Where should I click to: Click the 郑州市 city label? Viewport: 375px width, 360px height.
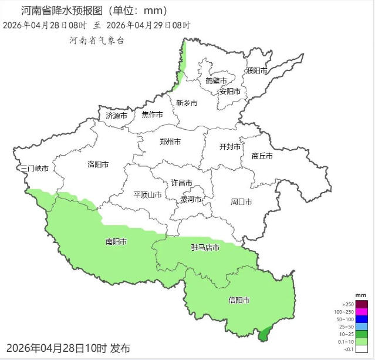170,142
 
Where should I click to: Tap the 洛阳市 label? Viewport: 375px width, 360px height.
98,165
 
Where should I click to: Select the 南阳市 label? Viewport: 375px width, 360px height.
116,241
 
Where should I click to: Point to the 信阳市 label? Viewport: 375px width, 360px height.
239,300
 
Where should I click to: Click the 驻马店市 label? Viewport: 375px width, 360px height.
205,248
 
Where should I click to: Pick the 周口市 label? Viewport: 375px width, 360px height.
241,202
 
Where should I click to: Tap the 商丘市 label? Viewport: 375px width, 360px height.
262,156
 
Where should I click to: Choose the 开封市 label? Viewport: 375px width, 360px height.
230,147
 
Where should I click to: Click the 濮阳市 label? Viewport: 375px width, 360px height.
256,70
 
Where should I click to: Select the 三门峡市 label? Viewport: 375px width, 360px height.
34,169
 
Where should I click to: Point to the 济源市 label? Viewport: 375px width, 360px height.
117,116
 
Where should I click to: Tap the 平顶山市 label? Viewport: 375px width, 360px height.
147,195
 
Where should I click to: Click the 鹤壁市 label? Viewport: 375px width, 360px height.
216,80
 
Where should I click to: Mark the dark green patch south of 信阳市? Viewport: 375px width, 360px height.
265,334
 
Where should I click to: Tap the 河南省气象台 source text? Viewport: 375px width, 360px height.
97,41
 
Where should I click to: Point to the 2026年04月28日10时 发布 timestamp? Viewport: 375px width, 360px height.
69,348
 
